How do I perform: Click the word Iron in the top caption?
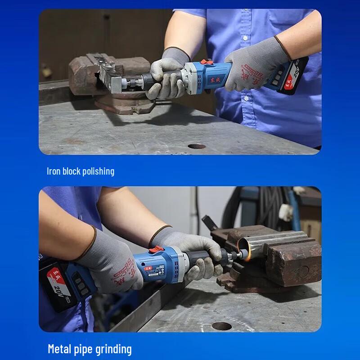pos(54,171)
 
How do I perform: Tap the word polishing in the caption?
pos(98,171)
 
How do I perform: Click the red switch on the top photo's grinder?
pos(206,62)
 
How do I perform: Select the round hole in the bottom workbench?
pos(222,326)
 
